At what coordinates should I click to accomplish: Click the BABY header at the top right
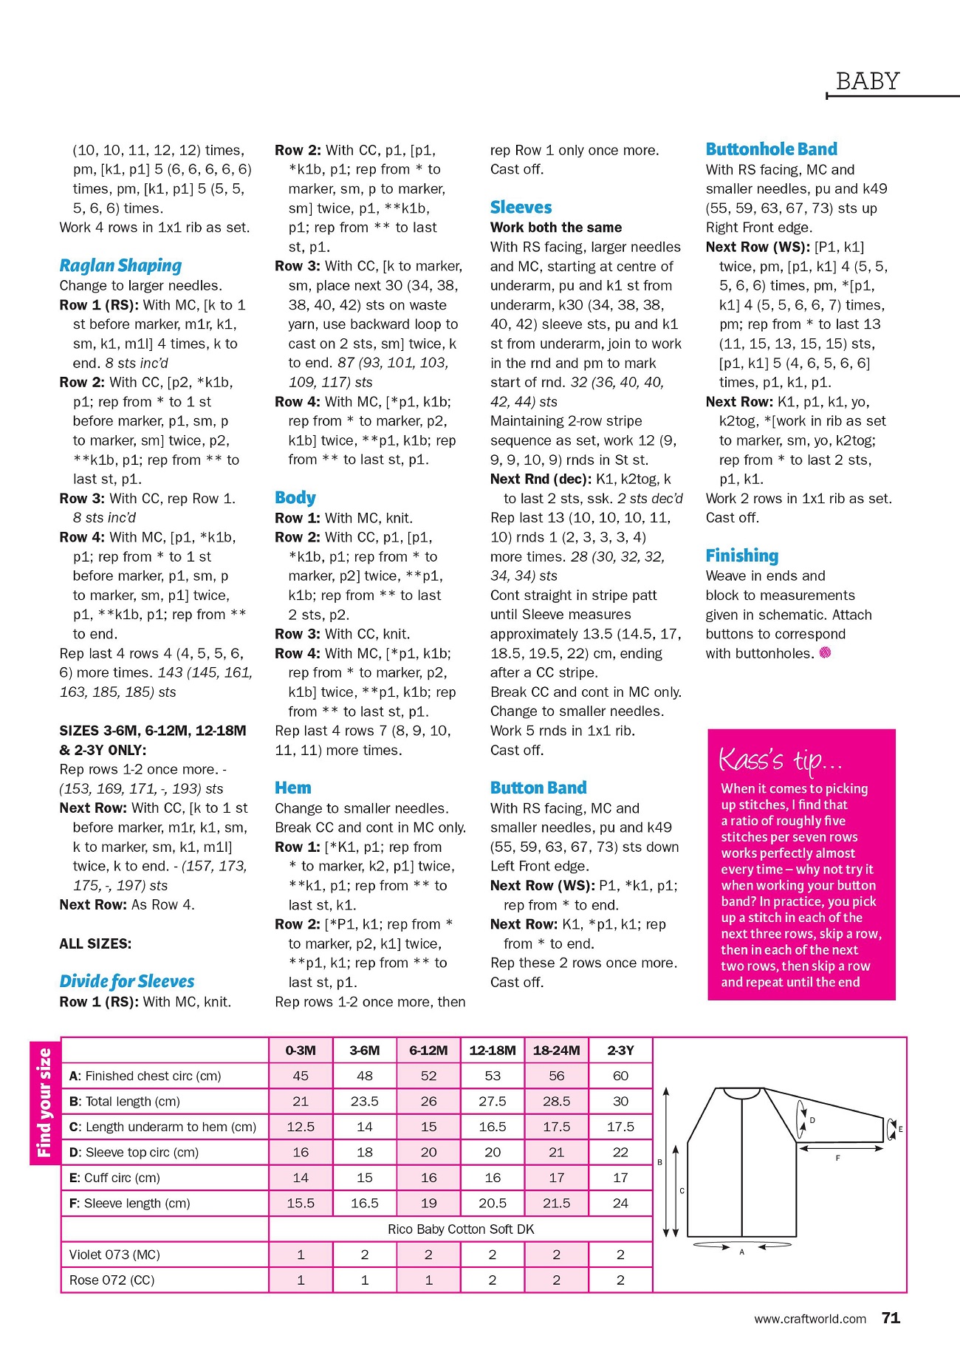pyautogui.click(x=868, y=81)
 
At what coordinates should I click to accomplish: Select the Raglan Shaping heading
pyautogui.click(x=120, y=265)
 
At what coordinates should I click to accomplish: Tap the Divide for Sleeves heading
pyautogui.click(x=127, y=981)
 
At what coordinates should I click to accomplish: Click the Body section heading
pyautogui.click(x=295, y=497)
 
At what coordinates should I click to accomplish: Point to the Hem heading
pyautogui.click(x=293, y=788)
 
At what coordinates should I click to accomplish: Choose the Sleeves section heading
pyautogui.click(x=521, y=208)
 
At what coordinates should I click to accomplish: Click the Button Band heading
pyautogui.click(x=538, y=788)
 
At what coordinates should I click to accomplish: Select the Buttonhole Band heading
pyautogui.click(x=771, y=149)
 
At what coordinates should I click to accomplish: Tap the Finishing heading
pyautogui.click(x=742, y=556)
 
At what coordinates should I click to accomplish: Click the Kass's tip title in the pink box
pyautogui.click(x=780, y=760)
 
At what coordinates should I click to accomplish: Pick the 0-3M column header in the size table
pyautogui.click(x=301, y=1050)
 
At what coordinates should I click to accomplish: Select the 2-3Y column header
pyautogui.click(x=620, y=1050)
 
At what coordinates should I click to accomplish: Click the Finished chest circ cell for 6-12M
pyautogui.click(x=428, y=1076)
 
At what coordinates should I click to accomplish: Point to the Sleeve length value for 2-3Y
pyautogui.click(x=620, y=1203)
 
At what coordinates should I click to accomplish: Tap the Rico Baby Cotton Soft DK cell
pyautogui.click(x=461, y=1229)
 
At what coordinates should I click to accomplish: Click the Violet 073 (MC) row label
pyautogui.click(x=114, y=1255)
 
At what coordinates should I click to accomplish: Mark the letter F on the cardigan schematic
pyautogui.click(x=837, y=1158)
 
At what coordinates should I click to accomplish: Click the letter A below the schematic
pyautogui.click(x=741, y=1252)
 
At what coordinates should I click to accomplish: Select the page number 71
pyautogui.click(x=891, y=1318)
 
